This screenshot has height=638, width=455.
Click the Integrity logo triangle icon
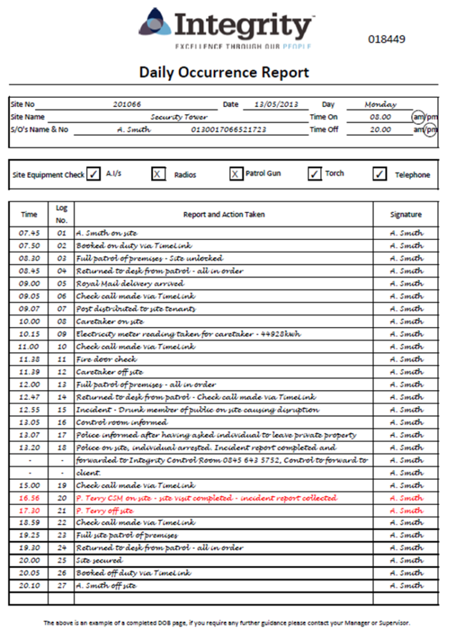tap(155, 24)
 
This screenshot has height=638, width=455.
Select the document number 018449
tap(386, 39)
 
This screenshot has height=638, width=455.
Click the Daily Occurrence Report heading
tap(224, 72)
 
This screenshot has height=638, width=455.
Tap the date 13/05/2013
tap(275, 105)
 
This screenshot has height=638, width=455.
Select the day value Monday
tap(381, 105)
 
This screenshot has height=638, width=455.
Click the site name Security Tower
tap(179, 117)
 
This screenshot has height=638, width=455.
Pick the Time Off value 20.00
tap(380, 130)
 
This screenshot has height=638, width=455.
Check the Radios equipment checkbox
tap(159, 174)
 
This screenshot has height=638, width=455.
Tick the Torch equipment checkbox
tap(315, 174)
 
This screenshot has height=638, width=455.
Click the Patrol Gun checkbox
tap(236, 174)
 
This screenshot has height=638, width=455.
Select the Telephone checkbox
tap(380, 174)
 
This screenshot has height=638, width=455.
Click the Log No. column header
tap(61, 214)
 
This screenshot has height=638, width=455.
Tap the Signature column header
tap(406, 214)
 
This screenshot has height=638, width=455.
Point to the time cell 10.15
tap(29, 334)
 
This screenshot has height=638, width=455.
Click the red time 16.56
tap(29, 498)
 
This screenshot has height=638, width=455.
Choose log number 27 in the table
tap(61, 586)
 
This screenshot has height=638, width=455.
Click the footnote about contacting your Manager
tap(227, 622)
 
